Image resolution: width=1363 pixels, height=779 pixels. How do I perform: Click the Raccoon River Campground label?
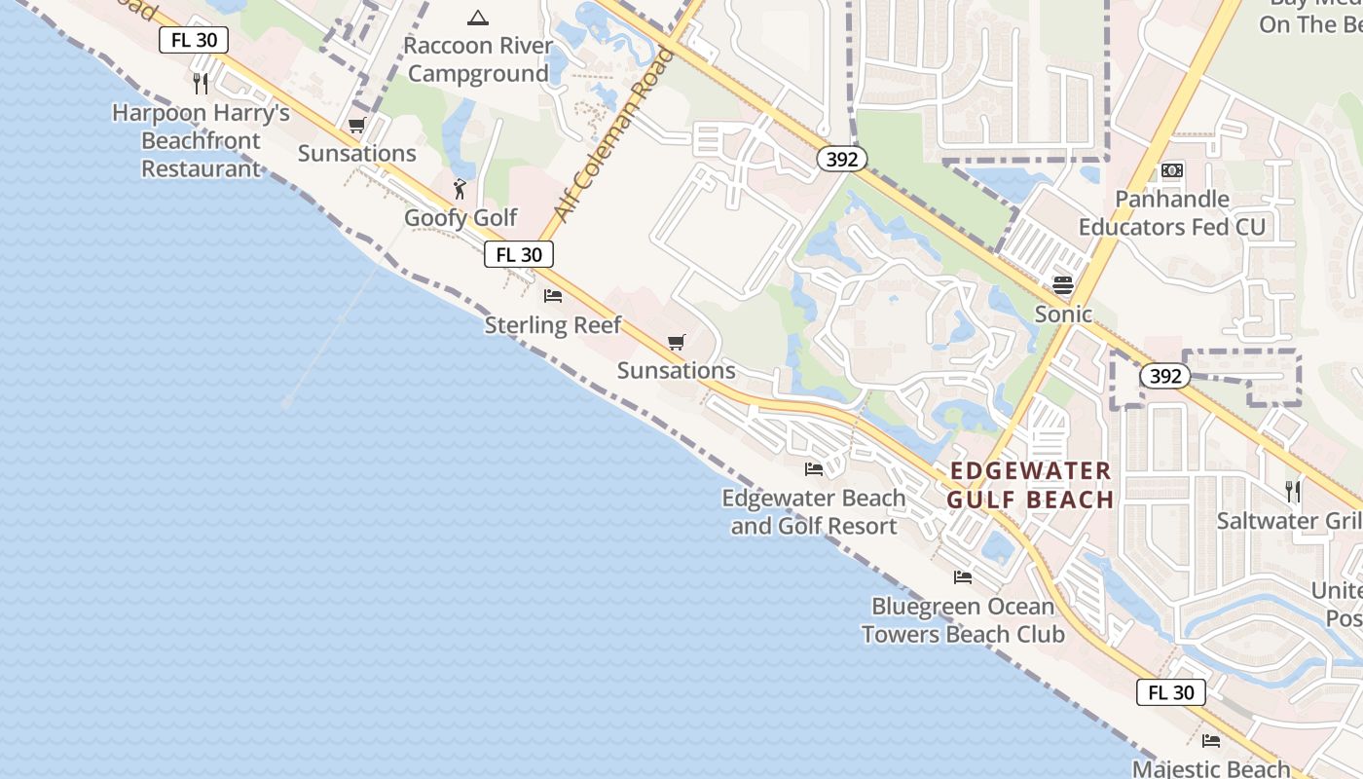click(x=478, y=59)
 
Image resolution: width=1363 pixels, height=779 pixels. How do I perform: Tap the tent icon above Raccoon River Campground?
click(x=477, y=17)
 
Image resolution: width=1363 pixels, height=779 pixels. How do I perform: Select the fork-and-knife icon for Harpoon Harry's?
click(x=201, y=83)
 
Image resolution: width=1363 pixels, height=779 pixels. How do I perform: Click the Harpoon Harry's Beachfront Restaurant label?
click(x=201, y=140)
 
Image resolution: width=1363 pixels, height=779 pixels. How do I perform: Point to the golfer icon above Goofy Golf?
click(x=460, y=189)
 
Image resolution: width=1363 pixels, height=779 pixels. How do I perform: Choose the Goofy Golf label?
click(x=460, y=217)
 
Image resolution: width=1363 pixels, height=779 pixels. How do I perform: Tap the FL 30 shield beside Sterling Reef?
click(x=519, y=255)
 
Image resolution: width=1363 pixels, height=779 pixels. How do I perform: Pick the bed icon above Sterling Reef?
click(x=553, y=296)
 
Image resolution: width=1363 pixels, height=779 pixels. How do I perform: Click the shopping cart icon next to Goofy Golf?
click(x=356, y=125)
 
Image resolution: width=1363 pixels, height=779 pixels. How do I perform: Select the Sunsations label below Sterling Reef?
click(x=677, y=371)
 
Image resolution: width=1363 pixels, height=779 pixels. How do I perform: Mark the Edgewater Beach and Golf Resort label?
click(x=814, y=512)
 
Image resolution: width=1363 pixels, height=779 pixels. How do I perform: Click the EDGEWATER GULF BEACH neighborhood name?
click(x=1030, y=485)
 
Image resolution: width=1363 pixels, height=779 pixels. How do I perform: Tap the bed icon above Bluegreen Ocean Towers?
click(x=963, y=577)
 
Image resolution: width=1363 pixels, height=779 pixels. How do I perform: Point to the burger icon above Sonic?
click(x=1062, y=285)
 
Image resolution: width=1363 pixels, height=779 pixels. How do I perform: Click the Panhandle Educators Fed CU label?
click(x=1172, y=213)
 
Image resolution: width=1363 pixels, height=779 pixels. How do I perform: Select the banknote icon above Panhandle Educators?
click(x=1172, y=170)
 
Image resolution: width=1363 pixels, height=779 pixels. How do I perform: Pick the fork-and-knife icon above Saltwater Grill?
click(x=1292, y=492)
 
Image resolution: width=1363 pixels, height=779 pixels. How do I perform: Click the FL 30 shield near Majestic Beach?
click(x=1170, y=692)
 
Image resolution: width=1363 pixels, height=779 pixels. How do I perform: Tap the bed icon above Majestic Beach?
click(x=1211, y=741)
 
